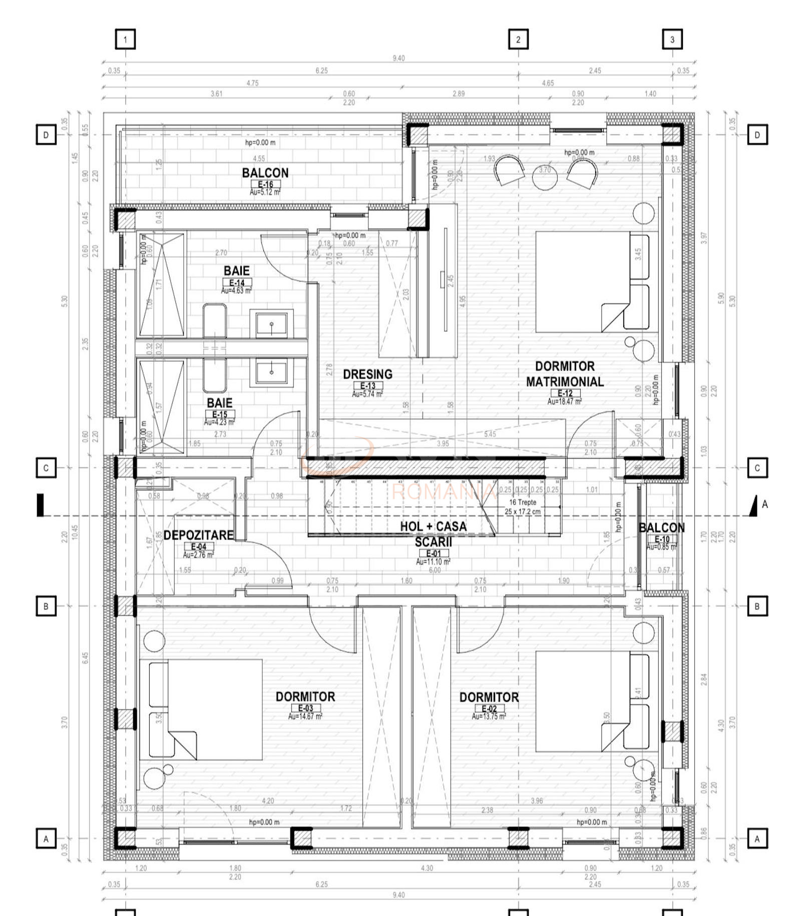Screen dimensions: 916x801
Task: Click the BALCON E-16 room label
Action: pyautogui.click(x=265, y=173)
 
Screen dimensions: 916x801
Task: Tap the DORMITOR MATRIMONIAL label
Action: pyautogui.click(x=564, y=374)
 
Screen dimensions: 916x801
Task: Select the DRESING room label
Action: pyautogui.click(x=367, y=374)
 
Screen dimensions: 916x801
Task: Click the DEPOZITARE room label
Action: pyautogui.click(x=198, y=535)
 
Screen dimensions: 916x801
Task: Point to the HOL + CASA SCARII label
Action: pyautogui.click(x=433, y=534)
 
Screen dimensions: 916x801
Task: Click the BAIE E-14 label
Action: pyautogui.click(x=236, y=271)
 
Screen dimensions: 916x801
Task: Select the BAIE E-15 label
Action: pyautogui.click(x=219, y=403)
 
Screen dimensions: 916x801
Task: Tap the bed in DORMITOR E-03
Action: pyautogui.click(x=210, y=709)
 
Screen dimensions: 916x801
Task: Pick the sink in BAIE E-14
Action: pyautogui.click(x=271, y=325)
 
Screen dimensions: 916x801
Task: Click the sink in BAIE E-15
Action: pyautogui.click(x=271, y=372)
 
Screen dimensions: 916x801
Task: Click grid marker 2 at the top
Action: pyautogui.click(x=518, y=39)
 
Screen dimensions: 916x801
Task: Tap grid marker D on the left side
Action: pyautogui.click(x=46, y=135)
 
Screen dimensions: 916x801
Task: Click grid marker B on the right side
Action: pyautogui.click(x=757, y=606)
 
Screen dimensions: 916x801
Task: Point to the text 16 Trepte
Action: pyautogui.click(x=523, y=502)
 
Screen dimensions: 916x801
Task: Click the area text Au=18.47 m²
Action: pyautogui.click(x=564, y=402)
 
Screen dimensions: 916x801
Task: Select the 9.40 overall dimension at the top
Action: pyautogui.click(x=398, y=59)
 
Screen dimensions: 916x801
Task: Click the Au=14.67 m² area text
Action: pyautogui.click(x=305, y=716)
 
